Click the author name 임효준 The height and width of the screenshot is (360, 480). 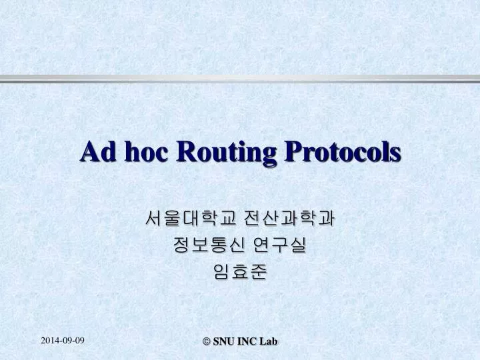click(240, 272)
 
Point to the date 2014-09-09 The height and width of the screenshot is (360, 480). click(63, 341)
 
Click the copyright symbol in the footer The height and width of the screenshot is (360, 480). click(206, 341)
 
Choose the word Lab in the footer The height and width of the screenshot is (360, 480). click(269, 341)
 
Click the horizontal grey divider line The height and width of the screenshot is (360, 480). click(240, 79)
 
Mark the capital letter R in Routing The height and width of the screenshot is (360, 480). click(184, 151)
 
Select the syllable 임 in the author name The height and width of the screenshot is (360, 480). click(222, 272)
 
